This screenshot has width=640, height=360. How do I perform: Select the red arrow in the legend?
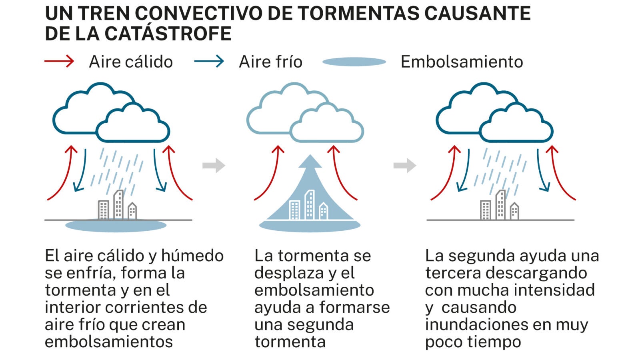pyautogui.click(x=59, y=62)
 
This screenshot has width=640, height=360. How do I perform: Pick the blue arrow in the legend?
pyautogui.click(x=209, y=62)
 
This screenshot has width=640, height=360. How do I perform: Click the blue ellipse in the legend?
pyautogui.click(x=354, y=62)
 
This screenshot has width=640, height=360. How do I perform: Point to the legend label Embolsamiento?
pyautogui.click(x=462, y=62)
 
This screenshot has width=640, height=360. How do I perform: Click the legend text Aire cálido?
pyautogui.click(x=131, y=62)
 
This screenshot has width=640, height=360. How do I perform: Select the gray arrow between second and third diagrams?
pyautogui.click(x=405, y=165)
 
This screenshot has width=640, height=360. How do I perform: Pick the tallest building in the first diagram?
pyautogui.click(x=118, y=204)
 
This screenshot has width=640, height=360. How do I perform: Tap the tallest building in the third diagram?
pyautogui.click(x=500, y=204)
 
